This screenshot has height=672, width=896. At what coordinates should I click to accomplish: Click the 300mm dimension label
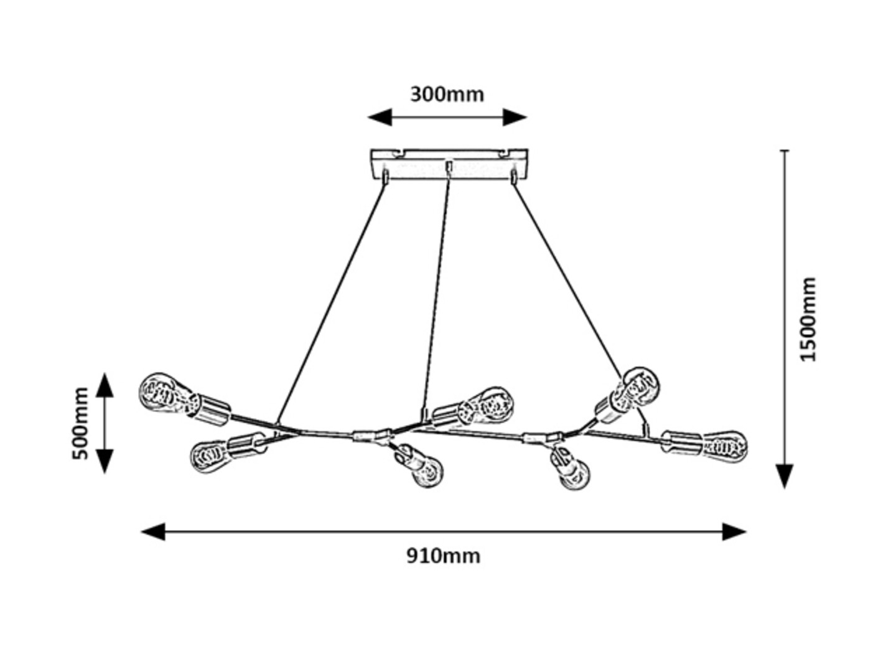coord(447,94)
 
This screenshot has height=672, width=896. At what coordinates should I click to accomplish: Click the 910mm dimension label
coord(443,555)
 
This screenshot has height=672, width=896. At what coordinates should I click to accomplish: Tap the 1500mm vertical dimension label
coord(808,319)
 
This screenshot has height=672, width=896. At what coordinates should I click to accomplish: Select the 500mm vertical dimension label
coord(81,423)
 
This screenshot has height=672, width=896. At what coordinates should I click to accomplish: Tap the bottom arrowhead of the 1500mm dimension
coord(785,477)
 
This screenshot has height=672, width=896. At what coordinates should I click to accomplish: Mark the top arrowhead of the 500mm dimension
coord(105,385)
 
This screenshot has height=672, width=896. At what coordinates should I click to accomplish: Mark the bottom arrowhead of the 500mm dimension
coord(105,461)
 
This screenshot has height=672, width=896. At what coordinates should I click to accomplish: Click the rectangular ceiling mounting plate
coord(448,163)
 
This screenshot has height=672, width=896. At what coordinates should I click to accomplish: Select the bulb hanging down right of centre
coord(572,472)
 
